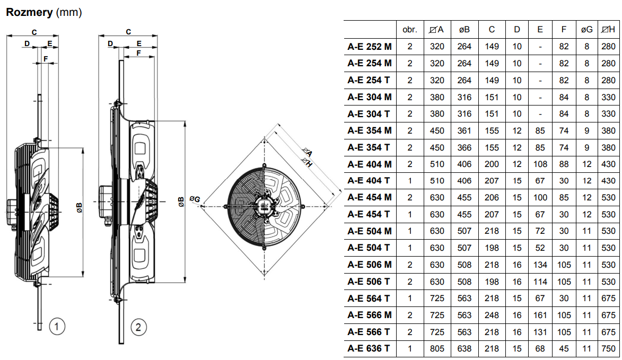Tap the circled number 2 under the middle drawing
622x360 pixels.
pyautogui.click(x=138, y=327)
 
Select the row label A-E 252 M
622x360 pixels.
pyautogui.click(x=370, y=47)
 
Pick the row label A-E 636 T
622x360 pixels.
pyautogui.click(x=370, y=348)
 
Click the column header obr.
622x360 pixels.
pyautogui.click(x=410, y=30)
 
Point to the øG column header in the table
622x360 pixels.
pyautogui.click(x=586, y=30)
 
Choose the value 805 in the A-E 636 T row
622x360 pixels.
pyautogui.click(x=437, y=348)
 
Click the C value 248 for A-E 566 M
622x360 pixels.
pyautogui.click(x=492, y=315)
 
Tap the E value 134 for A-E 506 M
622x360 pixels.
pyautogui.click(x=540, y=265)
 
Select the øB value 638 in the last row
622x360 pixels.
pyautogui.click(x=464, y=348)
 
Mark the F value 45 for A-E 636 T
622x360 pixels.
pyautogui.click(x=564, y=348)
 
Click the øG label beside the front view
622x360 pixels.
pyautogui.click(x=195, y=199)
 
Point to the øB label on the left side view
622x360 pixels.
pyautogui.click(x=80, y=207)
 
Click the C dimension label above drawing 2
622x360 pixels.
pyautogui.click(x=128, y=32)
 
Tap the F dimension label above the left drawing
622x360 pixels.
pyautogui.click(x=46, y=57)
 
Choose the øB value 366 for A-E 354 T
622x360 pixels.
pyautogui.click(x=464, y=147)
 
